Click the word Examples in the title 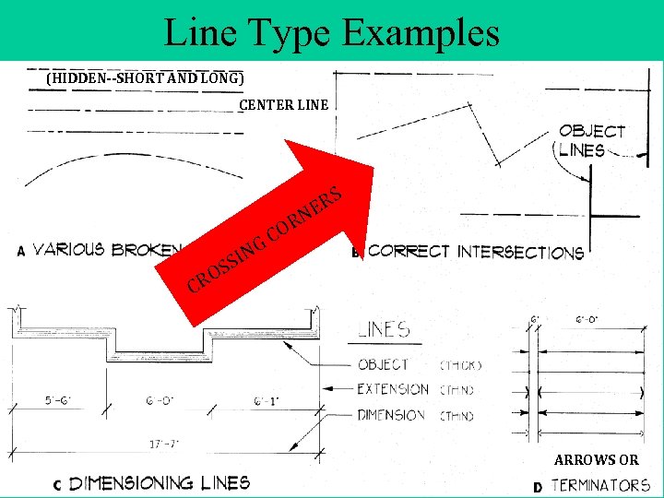pyautogui.click(x=421, y=32)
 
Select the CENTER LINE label pyautogui.click(x=284, y=105)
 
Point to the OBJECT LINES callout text pyautogui.click(x=591, y=141)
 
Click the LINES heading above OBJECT pyautogui.click(x=384, y=328)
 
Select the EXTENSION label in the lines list pyautogui.click(x=393, y=389)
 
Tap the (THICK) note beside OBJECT pyautogui.click(x=461, y=365)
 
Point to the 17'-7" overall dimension pyautogui.click(x=165, y=444)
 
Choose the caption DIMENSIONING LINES pyautogui.click(x=160, y=482)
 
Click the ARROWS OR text pyautogui.click(x=596, y=460)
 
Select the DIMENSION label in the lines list pyautogui.click(x=391, y=415)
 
